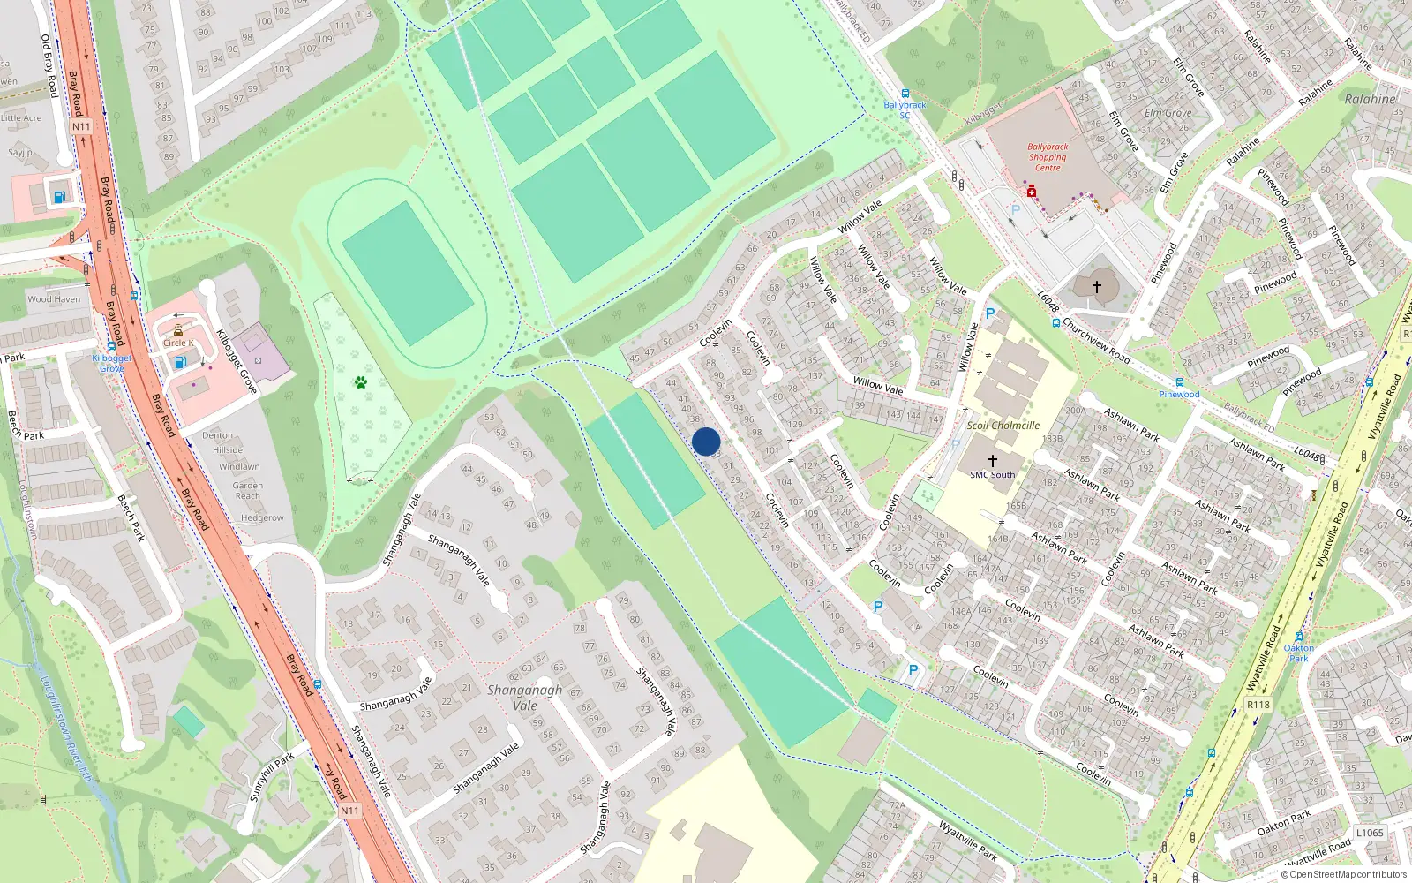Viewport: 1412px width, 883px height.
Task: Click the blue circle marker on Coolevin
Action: (x=706, y=441)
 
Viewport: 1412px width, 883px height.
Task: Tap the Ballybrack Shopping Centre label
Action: (x=1048, y=157)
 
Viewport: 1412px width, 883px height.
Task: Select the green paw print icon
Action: (x=360, y=382)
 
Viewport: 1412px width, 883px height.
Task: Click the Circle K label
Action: (x=177, y=343)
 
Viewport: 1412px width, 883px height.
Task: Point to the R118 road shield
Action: (x=1258, y=704)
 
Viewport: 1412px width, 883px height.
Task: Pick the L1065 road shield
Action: (x=1370, y=833)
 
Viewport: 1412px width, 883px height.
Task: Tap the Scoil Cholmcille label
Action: (x=1003, y=425)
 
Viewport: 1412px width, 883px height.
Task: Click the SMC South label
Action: (x=993, y=474)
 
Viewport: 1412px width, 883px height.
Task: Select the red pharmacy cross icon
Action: (x=1030, y=191)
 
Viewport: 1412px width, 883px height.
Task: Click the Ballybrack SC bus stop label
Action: (x=905, y=109)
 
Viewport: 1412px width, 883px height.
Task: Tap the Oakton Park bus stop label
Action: (x=1298, y=653)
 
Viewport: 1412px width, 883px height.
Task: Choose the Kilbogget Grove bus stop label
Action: (x=112, y=363)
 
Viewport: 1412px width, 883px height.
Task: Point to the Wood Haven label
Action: (x=54, y=299)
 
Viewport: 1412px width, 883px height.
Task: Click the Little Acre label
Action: (x=21, y=117)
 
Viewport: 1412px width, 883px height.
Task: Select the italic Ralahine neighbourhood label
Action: (x=1370, y=99)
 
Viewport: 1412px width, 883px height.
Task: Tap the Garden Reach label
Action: (x=248, y=490)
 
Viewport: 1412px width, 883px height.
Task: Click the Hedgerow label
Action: (x=262, y=517)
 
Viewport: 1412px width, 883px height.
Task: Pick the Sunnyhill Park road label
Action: (x=271, y=777)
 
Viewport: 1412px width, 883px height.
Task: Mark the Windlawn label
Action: (x=239, y=466)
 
